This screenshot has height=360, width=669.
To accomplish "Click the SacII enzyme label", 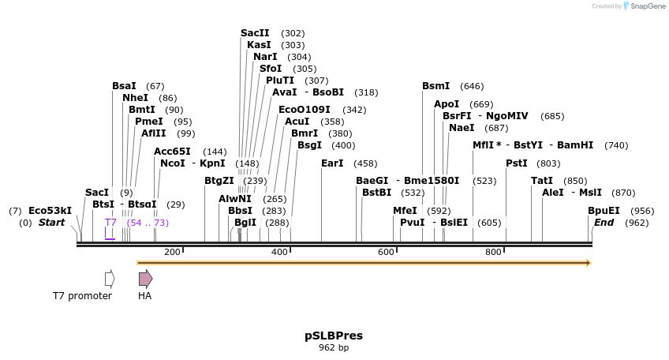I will [x=255, y=33].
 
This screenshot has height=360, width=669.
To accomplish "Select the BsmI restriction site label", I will [x=435, y=86].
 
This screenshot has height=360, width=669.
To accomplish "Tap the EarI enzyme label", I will [x=332, y=163].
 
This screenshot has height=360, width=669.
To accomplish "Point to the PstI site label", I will [x=516, y=163].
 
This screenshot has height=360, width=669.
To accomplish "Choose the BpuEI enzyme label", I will [x=604, y=211].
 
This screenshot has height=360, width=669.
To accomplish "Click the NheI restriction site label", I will [x=135, y=98].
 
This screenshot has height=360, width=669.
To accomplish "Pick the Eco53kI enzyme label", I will [x=50, y=211].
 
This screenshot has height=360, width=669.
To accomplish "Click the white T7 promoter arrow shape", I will [x=110, y=278].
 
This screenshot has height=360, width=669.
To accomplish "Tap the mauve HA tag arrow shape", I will [x=145, y=278].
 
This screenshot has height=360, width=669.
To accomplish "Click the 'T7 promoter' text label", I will [x=82, y=296].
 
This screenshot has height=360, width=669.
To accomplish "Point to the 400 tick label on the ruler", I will [x=279, y=252].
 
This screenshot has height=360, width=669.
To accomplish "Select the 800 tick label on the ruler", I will [x=493, y=252].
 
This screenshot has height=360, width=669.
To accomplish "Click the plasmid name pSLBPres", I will [x=334, y=336].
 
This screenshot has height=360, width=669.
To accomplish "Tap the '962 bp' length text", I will [x=334, y=347].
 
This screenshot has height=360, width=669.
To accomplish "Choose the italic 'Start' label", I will [x=51, y=223].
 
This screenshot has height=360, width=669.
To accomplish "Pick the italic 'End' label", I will [x=604, y=223].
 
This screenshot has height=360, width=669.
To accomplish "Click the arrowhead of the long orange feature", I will [x=588, y=263].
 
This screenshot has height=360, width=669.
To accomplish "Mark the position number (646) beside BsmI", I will [x=472, y=86].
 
